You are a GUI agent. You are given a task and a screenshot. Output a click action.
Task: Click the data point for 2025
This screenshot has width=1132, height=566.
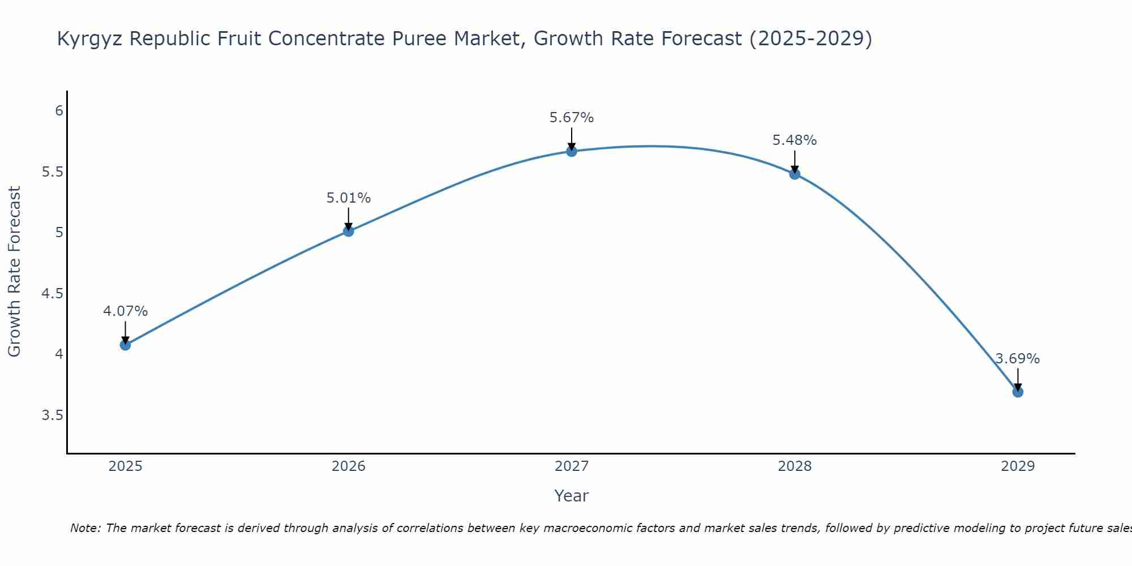pyautogui.click(x=125, y=345)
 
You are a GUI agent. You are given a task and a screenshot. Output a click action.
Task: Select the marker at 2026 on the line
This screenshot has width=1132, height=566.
pyautogui.click(x=348, y=231)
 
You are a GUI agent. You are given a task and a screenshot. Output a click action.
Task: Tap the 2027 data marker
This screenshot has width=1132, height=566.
pyautogui.click(x=572, y=151)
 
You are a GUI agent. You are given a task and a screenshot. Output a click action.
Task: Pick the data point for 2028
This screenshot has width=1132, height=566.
pyautogui.click(x=795, y=174)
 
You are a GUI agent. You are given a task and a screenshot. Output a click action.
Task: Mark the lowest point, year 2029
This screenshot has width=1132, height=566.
pyautogui.click(x=1018, y=392)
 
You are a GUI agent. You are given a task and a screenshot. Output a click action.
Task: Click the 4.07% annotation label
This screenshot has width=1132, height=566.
pyautogui.click(x=125, y=311)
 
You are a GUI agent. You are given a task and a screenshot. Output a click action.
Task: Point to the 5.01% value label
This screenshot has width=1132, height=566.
pyautogui.click(x=348, y=198)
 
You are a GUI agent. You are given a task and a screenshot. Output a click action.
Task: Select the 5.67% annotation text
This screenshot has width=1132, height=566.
pyautogui.click(x=572, y=118)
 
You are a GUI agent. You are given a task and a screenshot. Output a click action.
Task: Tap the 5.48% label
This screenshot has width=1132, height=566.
pyautogui.click(x=795, y=140)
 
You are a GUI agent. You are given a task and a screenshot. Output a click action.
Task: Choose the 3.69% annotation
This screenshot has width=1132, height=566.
pyautogui.click(x=1018, y=359)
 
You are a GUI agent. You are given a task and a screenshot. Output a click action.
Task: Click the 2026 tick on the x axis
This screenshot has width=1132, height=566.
pyautogui.click(x=348, y=466)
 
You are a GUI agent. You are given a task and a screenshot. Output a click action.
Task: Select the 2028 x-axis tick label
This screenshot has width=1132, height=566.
pyautogui.click(x=795, y=466)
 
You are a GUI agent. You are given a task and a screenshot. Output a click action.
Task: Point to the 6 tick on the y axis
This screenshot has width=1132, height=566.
pyautogui.click(x=59, y=110)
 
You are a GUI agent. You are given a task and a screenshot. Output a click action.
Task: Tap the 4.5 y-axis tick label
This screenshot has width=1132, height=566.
pyautogui.click(x=53, y=293)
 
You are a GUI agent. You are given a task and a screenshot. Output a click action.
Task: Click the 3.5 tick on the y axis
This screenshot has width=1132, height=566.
pyautogui.click(x=53, y=415)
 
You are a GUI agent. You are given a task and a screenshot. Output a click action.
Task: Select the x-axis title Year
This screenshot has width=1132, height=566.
pyautogui.click(x=572, y=496)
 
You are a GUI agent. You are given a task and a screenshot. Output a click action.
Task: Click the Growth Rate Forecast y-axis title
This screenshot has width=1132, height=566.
pyautogui.click(x=14, y=272)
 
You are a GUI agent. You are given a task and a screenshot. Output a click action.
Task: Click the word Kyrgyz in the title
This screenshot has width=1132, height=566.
pyautogui.click(x=91, y=38)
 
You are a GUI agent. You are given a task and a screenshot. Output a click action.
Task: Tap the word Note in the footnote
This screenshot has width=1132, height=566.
pyautogui.click(x=84, y=528)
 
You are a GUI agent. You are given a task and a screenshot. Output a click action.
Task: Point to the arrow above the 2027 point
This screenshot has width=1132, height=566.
pyautogui.click(x=572, y=139)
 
